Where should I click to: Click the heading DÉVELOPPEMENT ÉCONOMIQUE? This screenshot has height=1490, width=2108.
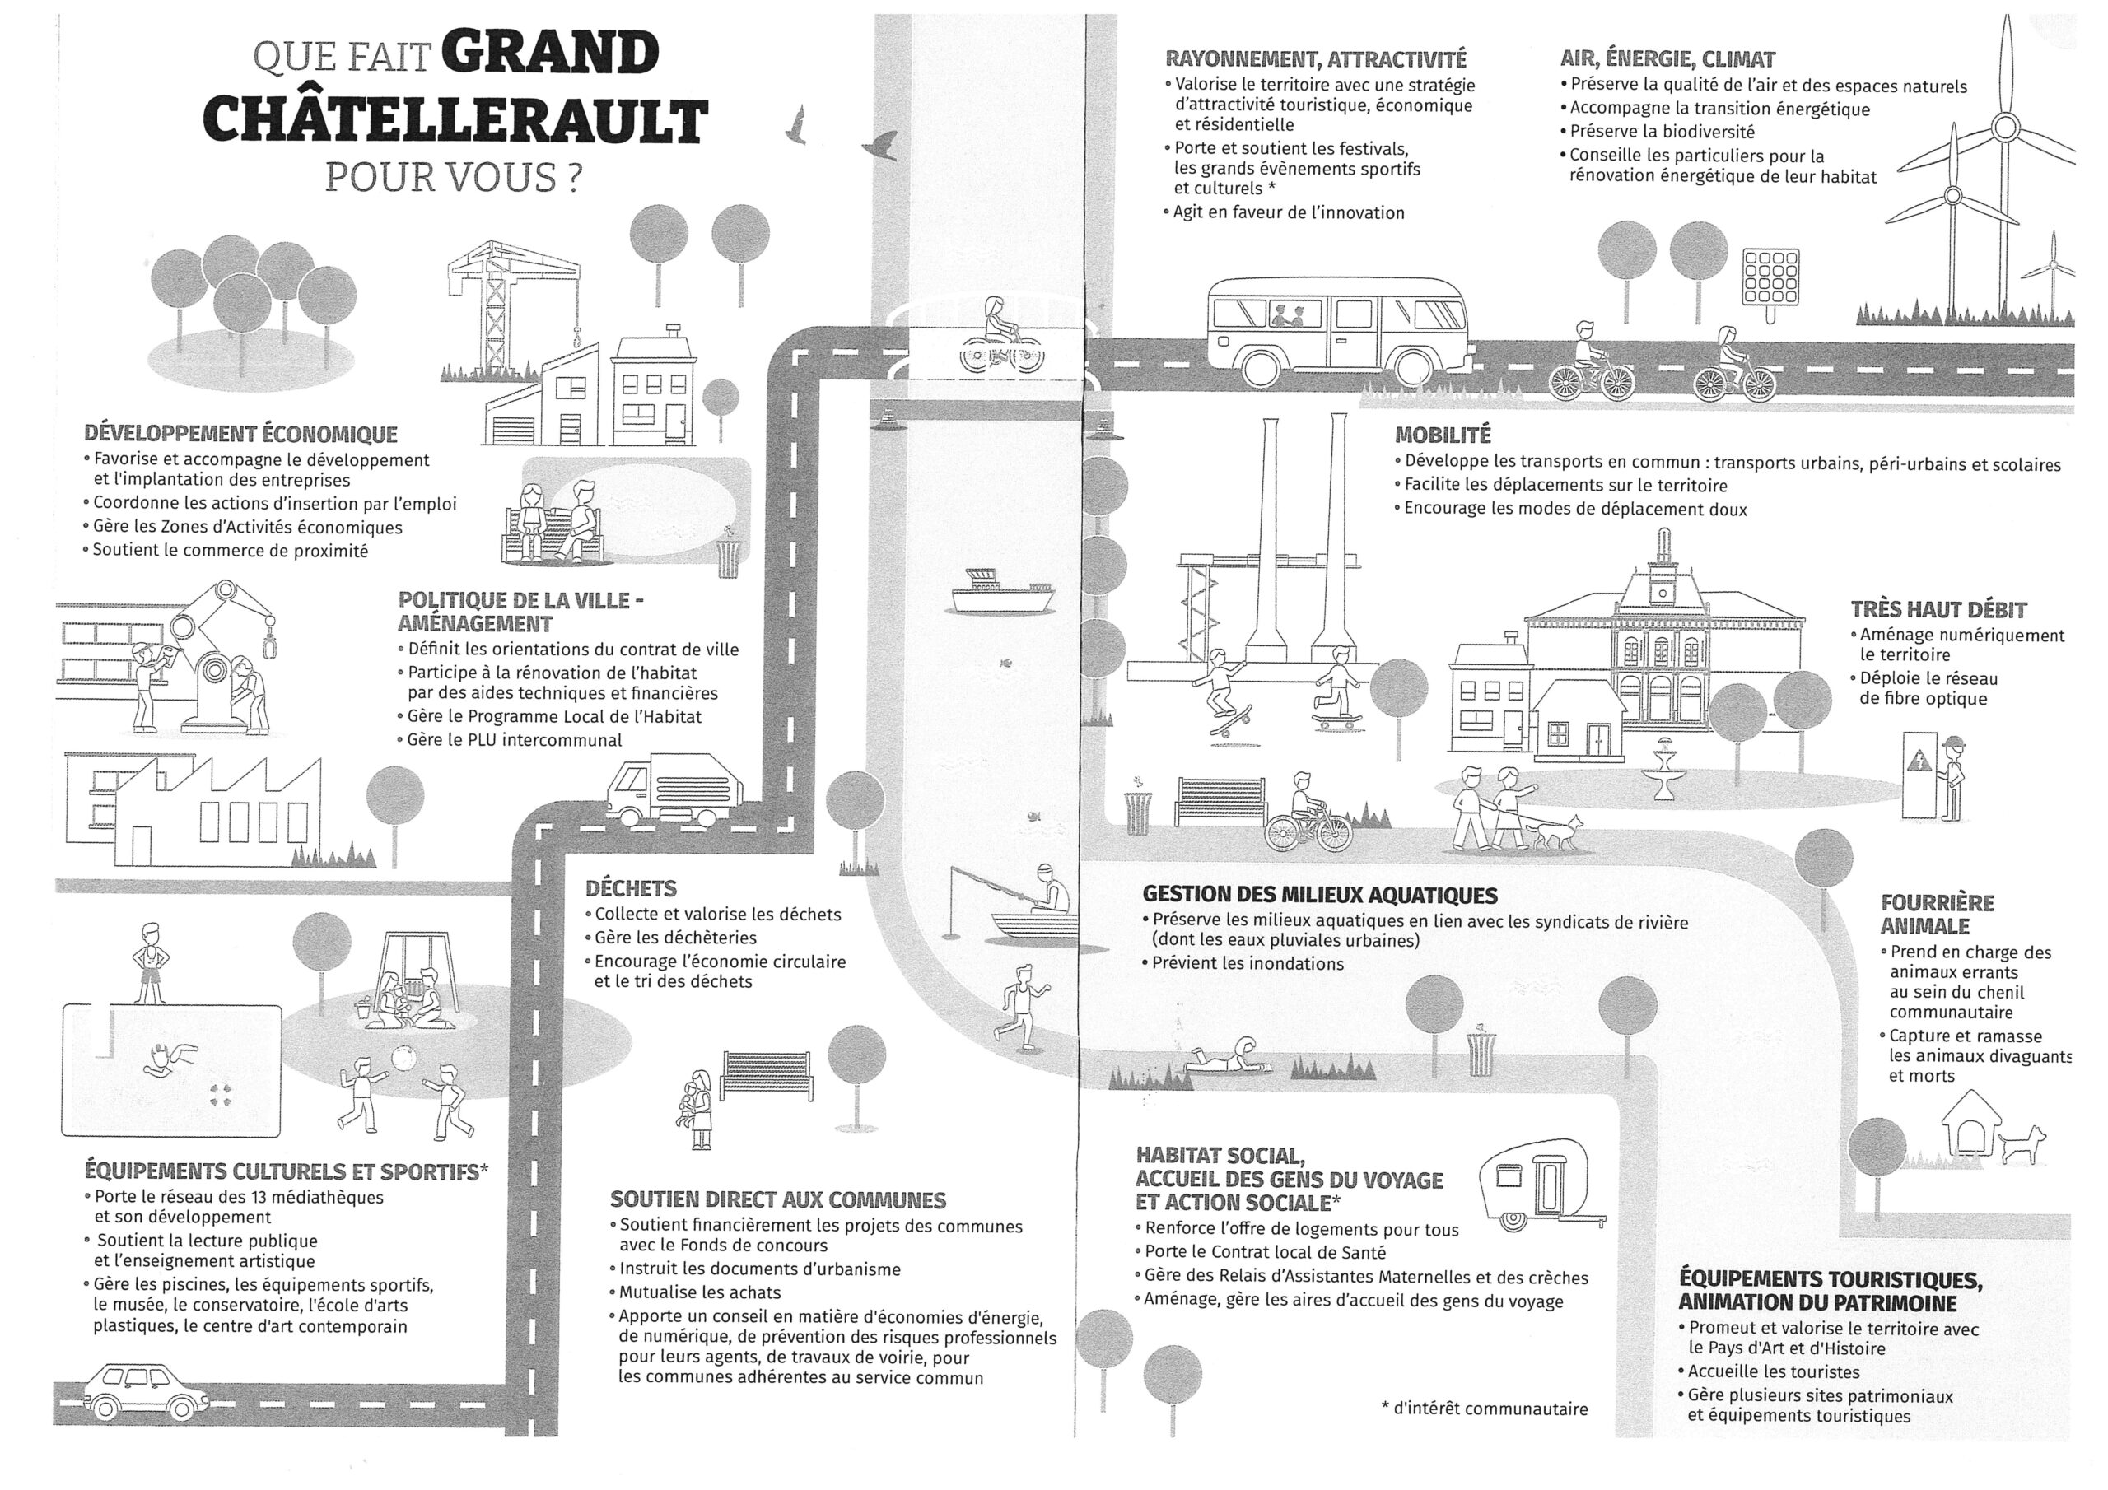[240, 434]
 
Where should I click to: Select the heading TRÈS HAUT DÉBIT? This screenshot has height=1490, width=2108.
[1938, 610]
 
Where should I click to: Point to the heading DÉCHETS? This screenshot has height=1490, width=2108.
[631, 889]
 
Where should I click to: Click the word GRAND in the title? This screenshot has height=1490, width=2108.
[550, 54]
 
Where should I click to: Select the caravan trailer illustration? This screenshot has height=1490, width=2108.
[1541, 1185]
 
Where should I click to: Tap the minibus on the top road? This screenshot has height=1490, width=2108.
[1338, 330]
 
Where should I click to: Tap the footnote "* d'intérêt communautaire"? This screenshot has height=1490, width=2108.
[1484, 1409]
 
